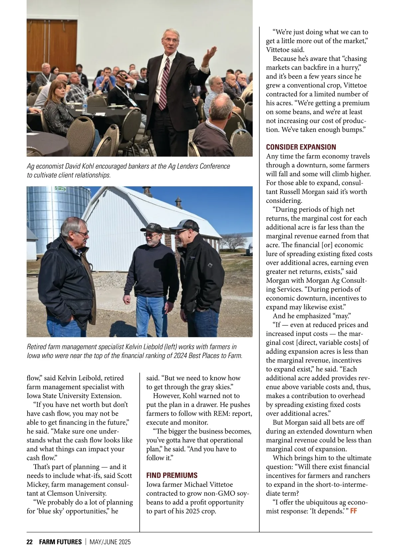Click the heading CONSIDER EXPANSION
301,147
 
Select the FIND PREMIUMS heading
172,475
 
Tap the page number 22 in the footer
30,542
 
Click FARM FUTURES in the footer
60,542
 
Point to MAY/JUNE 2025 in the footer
110,542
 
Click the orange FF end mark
353,511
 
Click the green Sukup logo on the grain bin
60,189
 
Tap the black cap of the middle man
151,228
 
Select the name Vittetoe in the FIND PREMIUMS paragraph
218,484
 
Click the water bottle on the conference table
85,107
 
